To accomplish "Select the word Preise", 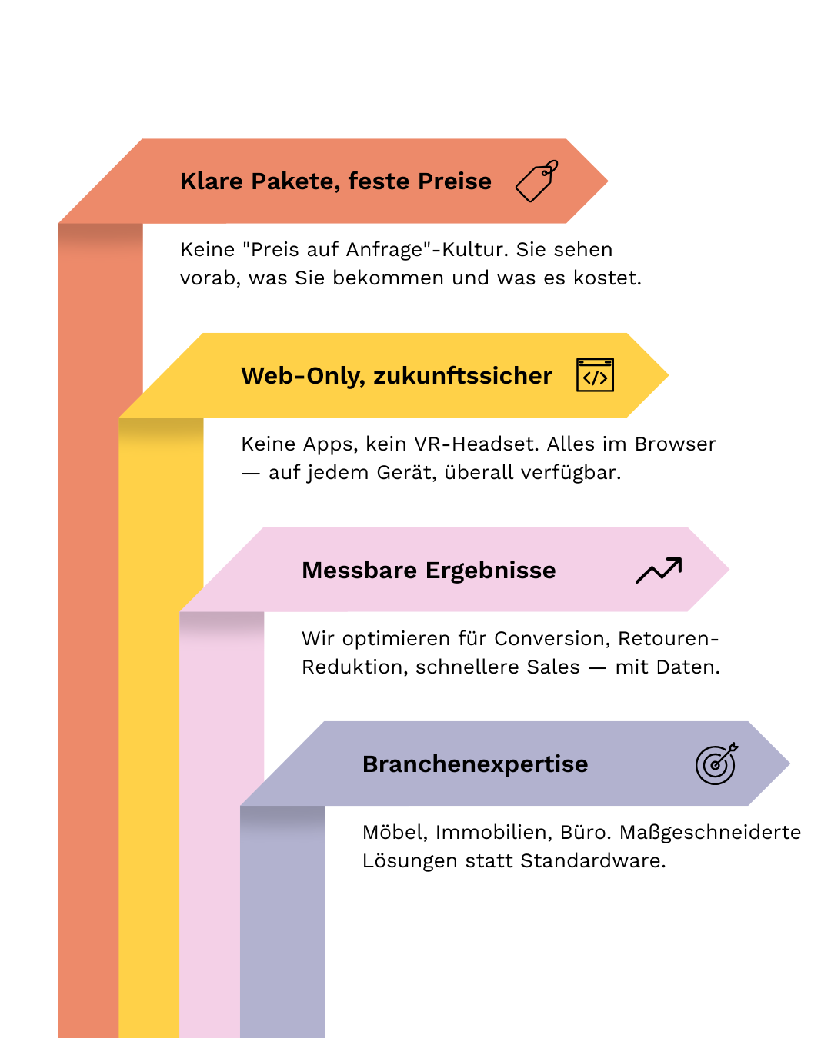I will click(455, 181).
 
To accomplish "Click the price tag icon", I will click(536, 181).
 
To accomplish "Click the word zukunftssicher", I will click(463, 376).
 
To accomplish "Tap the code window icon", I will click(595, 375).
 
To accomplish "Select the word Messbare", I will click(359, 571).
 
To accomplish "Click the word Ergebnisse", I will click(491, 571).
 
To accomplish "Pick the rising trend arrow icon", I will click(659, 571).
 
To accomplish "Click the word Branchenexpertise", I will click(475, 764).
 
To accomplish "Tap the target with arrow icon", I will click(716, 764).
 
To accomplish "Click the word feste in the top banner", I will click(379, 181).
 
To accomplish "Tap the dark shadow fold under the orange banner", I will click(100, 236).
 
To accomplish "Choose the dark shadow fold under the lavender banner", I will click(282, 818).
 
